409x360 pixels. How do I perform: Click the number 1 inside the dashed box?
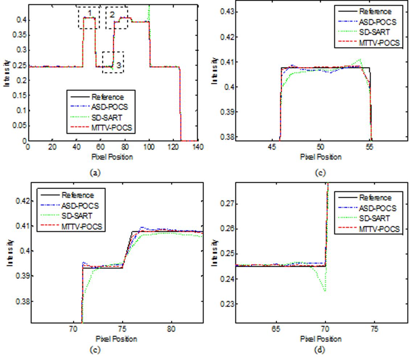(89, 13)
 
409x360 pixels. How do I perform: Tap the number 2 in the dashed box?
(112, 15)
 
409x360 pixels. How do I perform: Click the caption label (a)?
(94, 173)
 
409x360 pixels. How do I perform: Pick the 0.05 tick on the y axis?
(18, 125)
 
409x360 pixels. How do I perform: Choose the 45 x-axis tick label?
(272, 147)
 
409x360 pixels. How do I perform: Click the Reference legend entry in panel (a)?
(107, 97)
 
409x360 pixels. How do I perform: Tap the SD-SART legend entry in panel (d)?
(375, 218)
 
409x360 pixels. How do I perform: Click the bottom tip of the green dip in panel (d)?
(325, 291)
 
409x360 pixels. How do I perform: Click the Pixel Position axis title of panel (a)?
(112, 157)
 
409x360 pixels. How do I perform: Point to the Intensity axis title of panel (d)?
(215, 252)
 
